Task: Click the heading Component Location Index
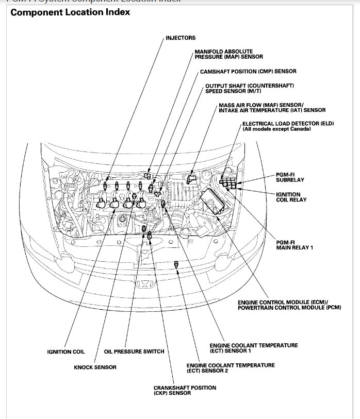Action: coord(70,12)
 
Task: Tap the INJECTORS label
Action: coord(181,38)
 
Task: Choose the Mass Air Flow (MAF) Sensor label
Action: coord(272,107)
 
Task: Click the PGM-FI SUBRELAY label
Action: coord(290,177)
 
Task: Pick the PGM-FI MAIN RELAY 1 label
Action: coord(294,245)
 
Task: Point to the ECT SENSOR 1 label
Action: coord(253,348)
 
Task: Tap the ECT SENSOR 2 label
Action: coord(231,368)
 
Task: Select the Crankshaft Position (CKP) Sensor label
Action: coord(185,390)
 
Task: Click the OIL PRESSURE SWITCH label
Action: coord(134,351)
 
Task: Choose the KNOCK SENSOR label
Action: coord(95,367)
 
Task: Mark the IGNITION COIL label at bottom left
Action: coord(66,351)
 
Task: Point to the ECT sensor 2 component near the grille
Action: coord(176,264)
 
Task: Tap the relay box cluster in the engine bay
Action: coord(227,182)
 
